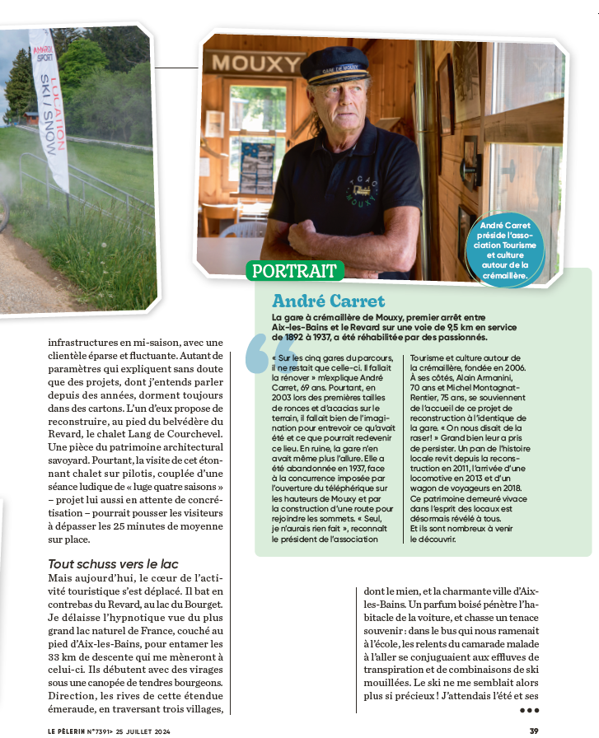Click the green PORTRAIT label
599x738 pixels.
point(293,271)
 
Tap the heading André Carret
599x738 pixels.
point(328,300)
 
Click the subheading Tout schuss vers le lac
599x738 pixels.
point(113,563)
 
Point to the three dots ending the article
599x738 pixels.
point(528,709)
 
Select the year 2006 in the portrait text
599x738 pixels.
point(518,368)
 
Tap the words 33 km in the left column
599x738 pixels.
point(64,656)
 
